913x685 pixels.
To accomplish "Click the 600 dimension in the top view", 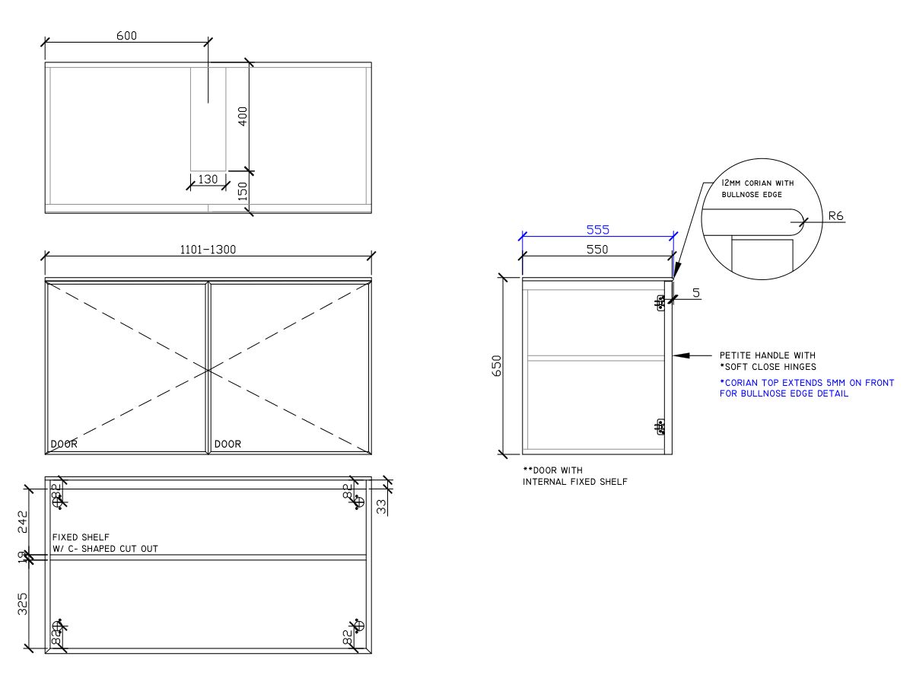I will [126, 36].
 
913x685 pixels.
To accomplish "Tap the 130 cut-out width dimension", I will [208, 179].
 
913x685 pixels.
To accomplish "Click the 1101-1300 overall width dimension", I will [208, 250].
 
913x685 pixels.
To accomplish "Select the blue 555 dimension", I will [597, 229].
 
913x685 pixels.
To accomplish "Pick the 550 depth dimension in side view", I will [597, 250].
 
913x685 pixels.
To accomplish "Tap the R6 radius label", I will [835, 216].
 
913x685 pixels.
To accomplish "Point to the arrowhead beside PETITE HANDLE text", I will [680, 355].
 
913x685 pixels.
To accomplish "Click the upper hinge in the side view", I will [660, 304].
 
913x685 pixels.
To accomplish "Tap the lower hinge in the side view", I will [660, 427].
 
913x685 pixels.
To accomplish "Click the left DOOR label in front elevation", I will [64, 444].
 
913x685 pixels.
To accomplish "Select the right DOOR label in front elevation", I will [227, 444].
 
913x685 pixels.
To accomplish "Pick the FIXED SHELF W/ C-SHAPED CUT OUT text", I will [105, 543].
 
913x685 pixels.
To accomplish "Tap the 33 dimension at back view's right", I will [382, 505].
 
